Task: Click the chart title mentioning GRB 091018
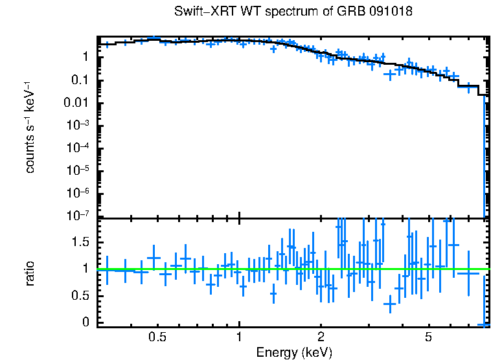point(293,12)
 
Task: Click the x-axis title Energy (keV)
point(293,352)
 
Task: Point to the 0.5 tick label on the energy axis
point(157,337)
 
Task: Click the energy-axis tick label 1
point(239,337)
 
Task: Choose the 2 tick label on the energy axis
point(321,337)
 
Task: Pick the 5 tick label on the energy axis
point(428,337)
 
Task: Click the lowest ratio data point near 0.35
point(389,303)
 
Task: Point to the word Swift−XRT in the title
point(200,12)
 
